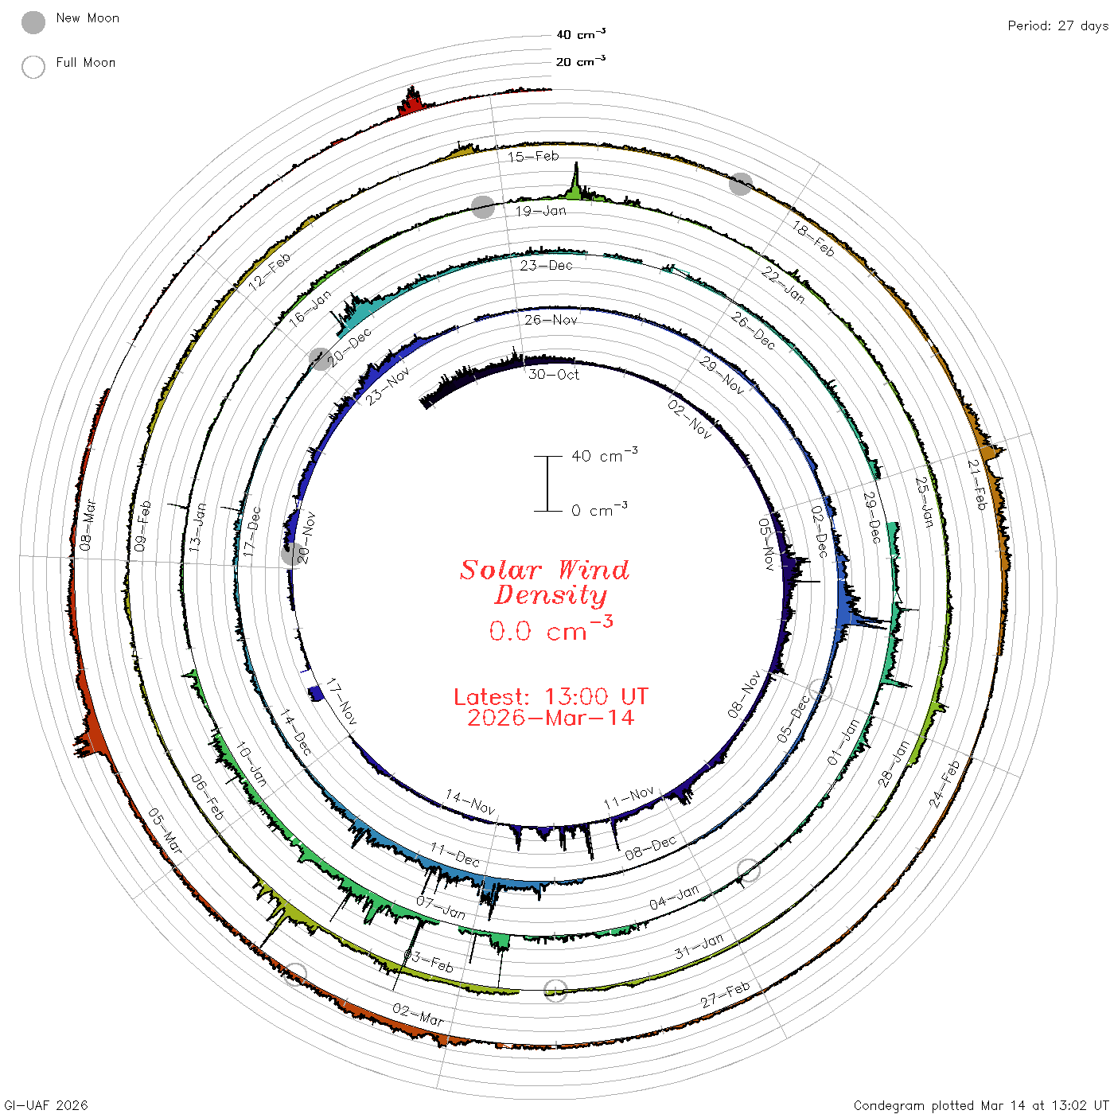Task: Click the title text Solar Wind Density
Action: (x=544, y=582)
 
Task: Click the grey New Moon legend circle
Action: (x=33, y=22)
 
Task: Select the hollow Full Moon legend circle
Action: (x=33, y=67)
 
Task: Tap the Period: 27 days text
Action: (x=1058, y=26)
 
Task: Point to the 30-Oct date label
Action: (x=553, y=375)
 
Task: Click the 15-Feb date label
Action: (x=533, y=156)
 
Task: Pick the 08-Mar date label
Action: (x=88, y=525)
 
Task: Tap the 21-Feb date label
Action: (x=977, y=485)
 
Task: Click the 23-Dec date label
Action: (x=546, y=265)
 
